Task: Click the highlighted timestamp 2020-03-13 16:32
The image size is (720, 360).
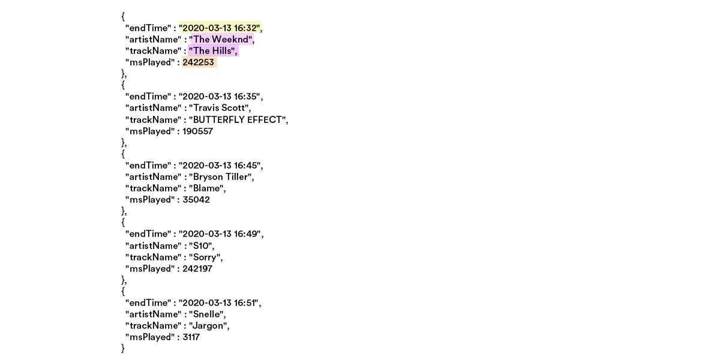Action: pyautogui.click(x=220, y=28)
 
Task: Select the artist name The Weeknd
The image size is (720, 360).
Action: pyautogui.click(x=221, y=40)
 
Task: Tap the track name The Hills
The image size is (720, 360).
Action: pyautogui.click(x=212, y=51)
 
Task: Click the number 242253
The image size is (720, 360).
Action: pyautogui.click(x=198, y=62)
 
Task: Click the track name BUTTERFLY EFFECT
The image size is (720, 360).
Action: pyautogui.click(x=238, y=119)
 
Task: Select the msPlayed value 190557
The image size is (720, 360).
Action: pyautogui.click(x=197, y=131)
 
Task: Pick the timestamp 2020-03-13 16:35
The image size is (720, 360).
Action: pyautogui.click(x=220, y=97)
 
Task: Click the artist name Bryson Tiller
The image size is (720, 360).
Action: pyautogui.click(x=220, y=177)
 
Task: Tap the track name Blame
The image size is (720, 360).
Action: pyautogui.click(x=206, y=188)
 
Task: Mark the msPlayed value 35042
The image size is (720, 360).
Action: pyautogui.click(x=196, y=200)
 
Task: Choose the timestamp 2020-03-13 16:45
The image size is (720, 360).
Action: pyautogui.click(x=220, y=166)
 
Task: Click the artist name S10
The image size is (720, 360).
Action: pyautogui.click(x=200, y=246)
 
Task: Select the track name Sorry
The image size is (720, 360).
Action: pyautogui.click(x=205, y=257)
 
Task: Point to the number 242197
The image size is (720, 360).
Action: pyautogui.click(x=197, y=269)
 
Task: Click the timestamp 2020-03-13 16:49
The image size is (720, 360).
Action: pyautogui.click(x=220, y=234)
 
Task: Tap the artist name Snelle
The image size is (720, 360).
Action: pyautogui.click(x=206, y=314)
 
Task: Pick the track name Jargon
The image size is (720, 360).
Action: pyautogui.click(x=208, y=326)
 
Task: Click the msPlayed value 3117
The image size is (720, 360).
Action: pyautogui.click(x=191, y=337)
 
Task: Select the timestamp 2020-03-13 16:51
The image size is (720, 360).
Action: pyautogui.click(x=220, y=303)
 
